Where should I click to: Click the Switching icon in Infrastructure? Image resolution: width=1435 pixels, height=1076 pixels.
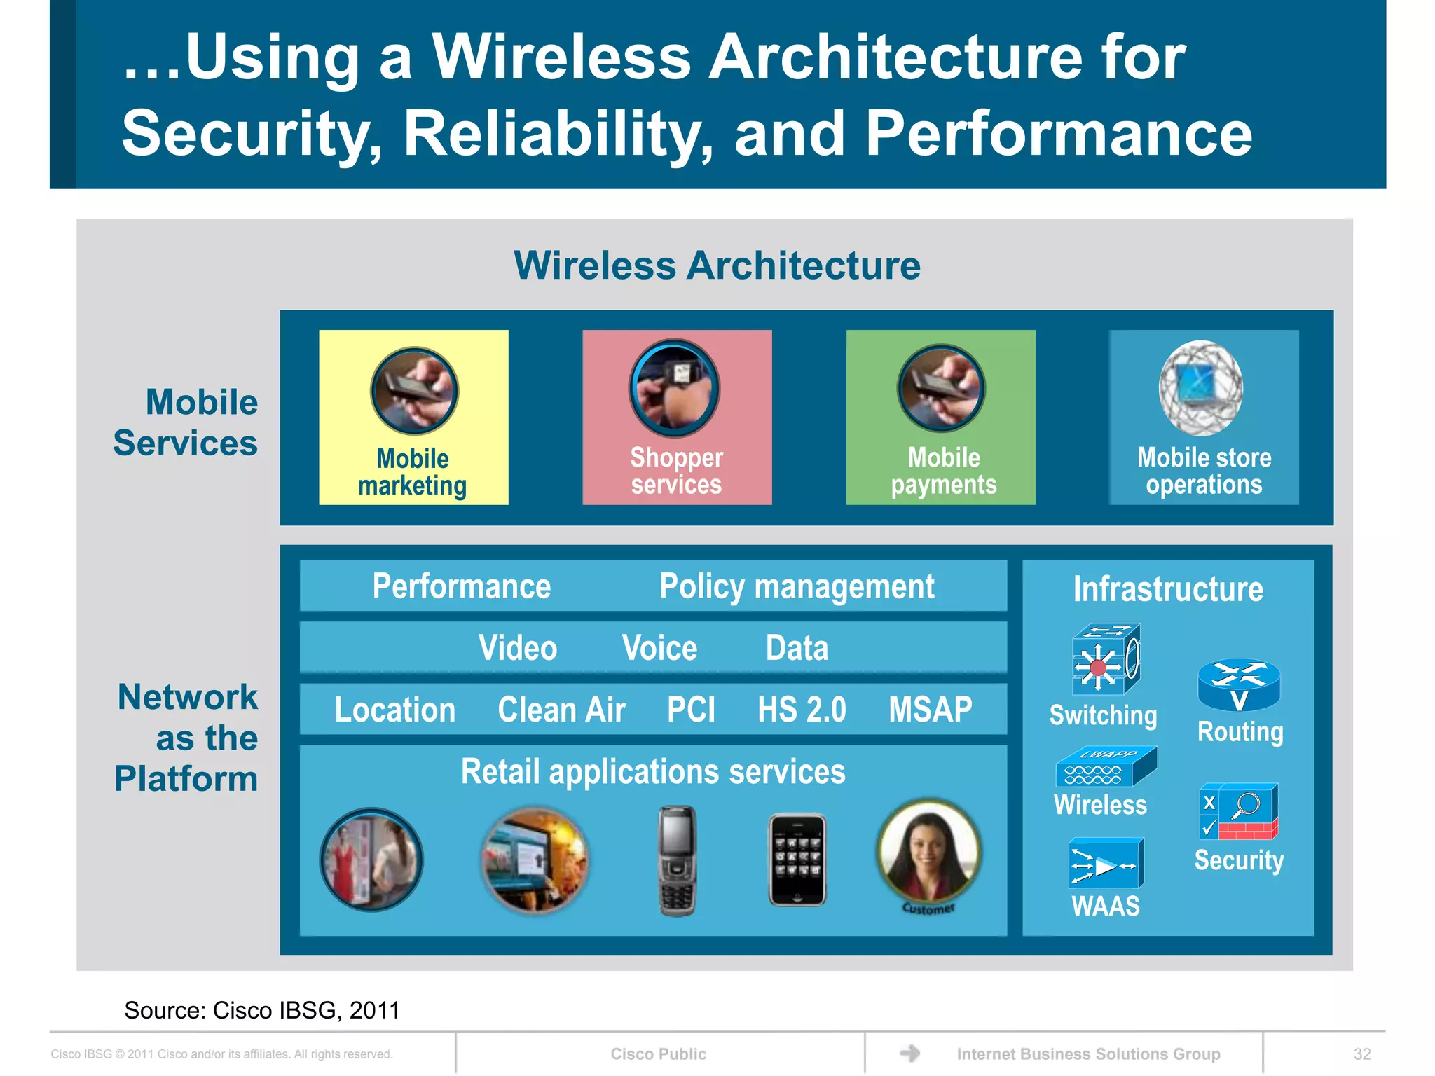pyautogui.click(x=1105, y=659)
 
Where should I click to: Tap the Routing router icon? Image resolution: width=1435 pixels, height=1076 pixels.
pyautogui.click(x=1238, y=685)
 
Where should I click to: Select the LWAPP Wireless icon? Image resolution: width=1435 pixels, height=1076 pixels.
pyautogui.click(x=1105, y=766)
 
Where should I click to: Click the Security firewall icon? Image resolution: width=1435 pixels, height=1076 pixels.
pyautogui.click(x=1238, y=812)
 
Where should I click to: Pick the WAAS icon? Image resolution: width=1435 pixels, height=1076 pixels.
pyautogui.click(x=1105, y=863)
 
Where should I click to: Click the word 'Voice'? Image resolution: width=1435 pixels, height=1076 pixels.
pyautogui.click(x=659, y=648)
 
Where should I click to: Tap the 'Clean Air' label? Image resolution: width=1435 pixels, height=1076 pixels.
pyautogui.click(x=561, y=710)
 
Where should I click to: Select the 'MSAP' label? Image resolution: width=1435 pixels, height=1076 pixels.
pyautogui.click(x=930, y=710)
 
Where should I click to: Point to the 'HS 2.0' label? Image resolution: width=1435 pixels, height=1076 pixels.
pyautogui.click(x=802, y=710)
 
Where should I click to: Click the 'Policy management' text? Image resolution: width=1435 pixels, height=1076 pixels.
pyautogui.click(x=797, y=586)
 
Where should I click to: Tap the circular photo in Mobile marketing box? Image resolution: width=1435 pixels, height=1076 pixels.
pyautogui.click(x=414, y=391)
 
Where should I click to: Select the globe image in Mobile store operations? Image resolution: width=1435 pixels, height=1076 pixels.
pyautogui.click(x=1201, y=388)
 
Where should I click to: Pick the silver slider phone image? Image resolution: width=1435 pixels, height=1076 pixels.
pyautogui.click(x=677, y=860)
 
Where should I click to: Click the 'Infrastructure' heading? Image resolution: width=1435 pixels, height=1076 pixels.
pyautogui.click(x=1168, y=589)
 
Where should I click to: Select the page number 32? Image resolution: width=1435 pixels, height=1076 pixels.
pyautogui.click(x=1361, y=1054)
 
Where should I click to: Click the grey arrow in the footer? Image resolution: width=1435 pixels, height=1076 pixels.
pyautogui.click(x=909, y=1053)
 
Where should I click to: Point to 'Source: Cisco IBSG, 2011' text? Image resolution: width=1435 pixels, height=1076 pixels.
pyautogui.click(x=261, y=1010)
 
